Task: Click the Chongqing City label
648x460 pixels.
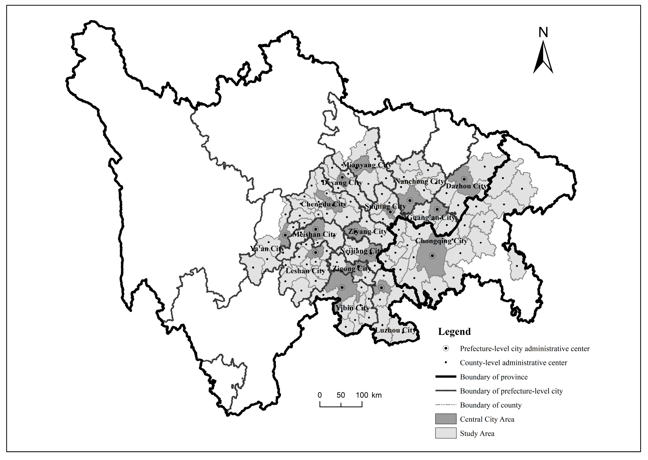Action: click(x=441, y=241)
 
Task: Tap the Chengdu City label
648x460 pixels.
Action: click(x=323, y=204)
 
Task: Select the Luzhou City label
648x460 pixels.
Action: click(x=395, y=330)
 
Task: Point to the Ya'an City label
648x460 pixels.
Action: click(x=267, y=249)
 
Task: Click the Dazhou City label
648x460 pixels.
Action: click(x=466, y=186)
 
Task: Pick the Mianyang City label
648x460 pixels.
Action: click(x=367, y=165)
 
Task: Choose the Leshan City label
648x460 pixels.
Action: click(x=305, y=271)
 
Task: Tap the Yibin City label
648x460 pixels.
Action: click(x=352, y=308)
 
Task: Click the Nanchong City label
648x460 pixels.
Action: click(x=419, y=181)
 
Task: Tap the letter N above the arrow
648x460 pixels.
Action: click(x=543, y=32)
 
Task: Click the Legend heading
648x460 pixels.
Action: click(x=454, y=331)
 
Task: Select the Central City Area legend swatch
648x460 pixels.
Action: click(x=446, y=419)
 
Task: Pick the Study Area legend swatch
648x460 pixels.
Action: click(x=446, y=433)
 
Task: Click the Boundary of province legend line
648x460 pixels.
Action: click(x=446, y=377)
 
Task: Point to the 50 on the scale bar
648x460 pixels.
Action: click(x=341, y=395)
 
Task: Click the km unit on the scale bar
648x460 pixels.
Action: click(x=377, y=395)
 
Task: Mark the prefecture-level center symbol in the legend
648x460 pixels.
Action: click(x=446, y=349)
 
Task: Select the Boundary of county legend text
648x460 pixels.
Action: click(x=490, y=405)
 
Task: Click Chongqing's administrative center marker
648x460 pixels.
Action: click(x=432, y=256)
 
